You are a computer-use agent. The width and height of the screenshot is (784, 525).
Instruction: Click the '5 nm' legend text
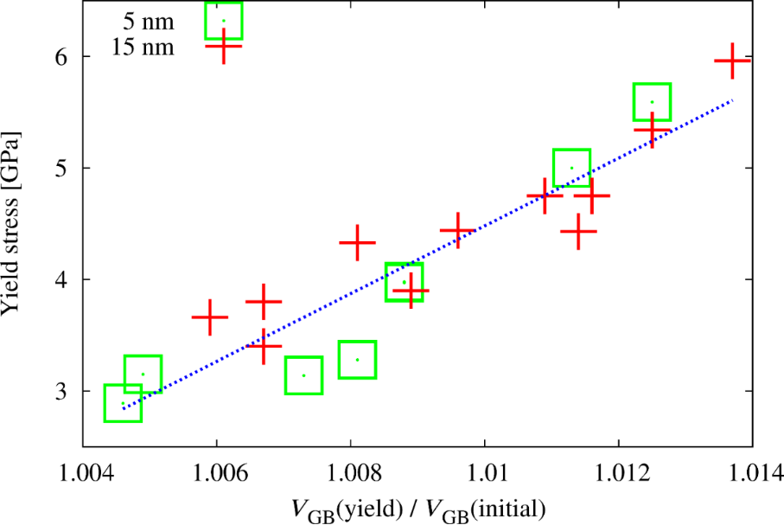click(x=149, y=21)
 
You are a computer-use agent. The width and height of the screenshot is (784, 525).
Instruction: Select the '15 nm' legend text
click(x=143, y=47)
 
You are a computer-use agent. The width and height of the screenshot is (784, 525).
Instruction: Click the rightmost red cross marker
click(x=732, y=61)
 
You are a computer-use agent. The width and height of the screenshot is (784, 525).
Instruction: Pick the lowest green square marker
click(x=123, y=403)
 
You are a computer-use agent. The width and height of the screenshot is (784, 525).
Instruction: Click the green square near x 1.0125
click(x=653, y=102)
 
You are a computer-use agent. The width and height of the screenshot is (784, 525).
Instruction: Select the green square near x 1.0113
click(x=571, y=168)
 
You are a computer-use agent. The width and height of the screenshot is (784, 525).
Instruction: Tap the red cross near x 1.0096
click(x=457, y=230)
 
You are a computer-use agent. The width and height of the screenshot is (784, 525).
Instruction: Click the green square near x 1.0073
click(x=303, y=375)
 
